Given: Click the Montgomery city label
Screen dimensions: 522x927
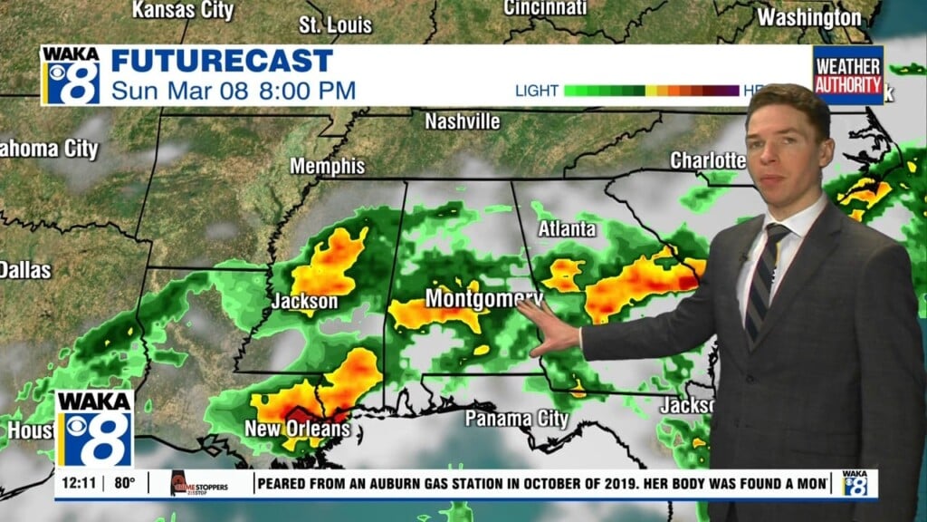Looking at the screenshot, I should coord(483,298).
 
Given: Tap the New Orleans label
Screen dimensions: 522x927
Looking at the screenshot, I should coord(297,428).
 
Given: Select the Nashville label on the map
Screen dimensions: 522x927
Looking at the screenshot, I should coord(462,121).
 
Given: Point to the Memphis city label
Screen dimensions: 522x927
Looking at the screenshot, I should coord(327,167).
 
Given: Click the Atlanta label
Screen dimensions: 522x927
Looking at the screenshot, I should coord(567,229).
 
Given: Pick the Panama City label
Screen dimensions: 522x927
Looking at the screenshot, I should coord(516,419).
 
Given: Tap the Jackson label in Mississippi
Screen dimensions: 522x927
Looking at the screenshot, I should coord(304,302).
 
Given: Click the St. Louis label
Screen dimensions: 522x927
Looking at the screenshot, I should coord(335,24).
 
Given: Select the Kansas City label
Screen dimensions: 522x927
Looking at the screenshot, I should coord(183,11).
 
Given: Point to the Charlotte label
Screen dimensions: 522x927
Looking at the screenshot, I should coord(707,160).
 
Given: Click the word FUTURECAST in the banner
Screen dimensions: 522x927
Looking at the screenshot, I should coord(222,62).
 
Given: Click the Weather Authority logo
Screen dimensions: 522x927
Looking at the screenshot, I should coord(847,76).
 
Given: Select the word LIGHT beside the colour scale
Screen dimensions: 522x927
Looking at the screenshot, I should coord(536,91).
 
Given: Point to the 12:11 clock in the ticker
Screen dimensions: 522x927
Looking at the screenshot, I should coord(78,483).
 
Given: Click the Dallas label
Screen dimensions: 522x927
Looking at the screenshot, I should coord(24,269).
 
